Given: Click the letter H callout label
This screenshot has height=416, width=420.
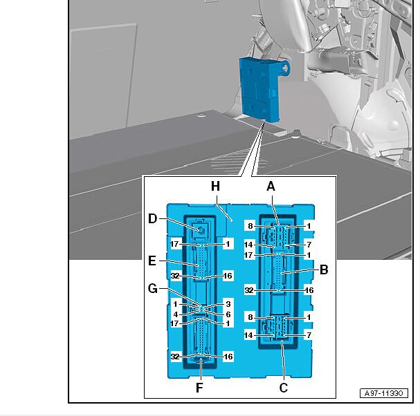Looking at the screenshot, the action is click(x=215, y=186).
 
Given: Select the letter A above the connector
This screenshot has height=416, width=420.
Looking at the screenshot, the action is click(x=271, y=186).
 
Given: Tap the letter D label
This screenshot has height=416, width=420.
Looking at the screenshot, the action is click(x=153, y=218).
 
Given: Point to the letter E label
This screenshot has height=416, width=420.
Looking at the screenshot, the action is click(x=152, y=261).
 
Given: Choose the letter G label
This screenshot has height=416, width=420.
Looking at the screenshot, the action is click(x=153, y=289).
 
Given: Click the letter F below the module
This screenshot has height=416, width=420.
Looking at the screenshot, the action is click(x=199, y=388).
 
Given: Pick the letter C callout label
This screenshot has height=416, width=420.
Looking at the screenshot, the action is click(x=284, y=388).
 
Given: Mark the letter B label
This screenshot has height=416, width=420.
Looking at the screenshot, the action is click(x=324, y=270).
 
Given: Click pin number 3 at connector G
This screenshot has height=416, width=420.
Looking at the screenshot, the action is click(x=228, y=304).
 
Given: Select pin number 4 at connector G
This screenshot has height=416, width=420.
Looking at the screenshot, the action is click(x=176, y=314).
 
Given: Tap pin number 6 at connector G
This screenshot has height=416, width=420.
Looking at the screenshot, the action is click(x=228, y=314).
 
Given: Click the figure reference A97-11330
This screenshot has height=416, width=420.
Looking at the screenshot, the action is click(x=384, y=393).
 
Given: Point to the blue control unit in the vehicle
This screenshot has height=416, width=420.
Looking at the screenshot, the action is click(x=259, y=90).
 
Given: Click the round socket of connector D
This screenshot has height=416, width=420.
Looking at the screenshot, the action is click(x=201, y=229).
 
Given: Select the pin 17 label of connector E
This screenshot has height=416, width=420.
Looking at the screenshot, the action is click(x=174, y=244).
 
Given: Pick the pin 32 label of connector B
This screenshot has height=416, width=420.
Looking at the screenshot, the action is click(x=249, y=290).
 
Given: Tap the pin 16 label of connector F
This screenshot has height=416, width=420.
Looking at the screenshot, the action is click(x=228, y=357).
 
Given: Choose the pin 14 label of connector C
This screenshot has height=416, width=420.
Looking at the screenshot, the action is click(x=248, y=335).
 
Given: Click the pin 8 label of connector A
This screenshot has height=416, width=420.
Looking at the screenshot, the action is click(x=250, y=226).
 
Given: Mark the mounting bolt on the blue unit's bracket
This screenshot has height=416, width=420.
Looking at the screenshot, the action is click(x=286, y=68).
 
